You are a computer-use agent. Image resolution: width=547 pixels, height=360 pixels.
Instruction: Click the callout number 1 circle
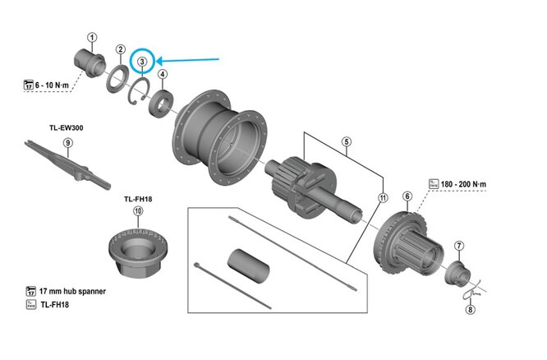(x=92, y=37)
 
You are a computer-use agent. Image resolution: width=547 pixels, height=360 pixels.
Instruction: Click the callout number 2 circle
(x=121, y=49)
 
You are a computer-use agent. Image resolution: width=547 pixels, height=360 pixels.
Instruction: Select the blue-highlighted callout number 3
(x=142, y=61)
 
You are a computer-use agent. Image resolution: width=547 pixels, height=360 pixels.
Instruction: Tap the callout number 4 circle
(x=163, y=76)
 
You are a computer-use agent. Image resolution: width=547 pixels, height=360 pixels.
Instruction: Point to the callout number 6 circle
(x=407, y=196)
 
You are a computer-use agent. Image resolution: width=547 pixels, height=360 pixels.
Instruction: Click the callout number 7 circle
(x=459, y=245)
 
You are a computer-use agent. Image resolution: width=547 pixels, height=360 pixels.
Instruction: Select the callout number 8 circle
(x=471, y=309)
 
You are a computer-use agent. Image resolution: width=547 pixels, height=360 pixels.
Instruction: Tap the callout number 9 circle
(x=68, y=143)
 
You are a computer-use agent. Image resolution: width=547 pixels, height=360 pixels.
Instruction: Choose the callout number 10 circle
(x=137, y=211)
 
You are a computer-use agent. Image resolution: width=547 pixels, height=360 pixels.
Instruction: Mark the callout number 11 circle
(x=382, y=198)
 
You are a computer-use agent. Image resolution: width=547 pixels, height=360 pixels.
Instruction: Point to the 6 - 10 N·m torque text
(x=56, y=84)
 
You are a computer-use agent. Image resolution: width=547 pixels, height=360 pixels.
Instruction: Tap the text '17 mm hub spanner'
(x=72, y=291)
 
